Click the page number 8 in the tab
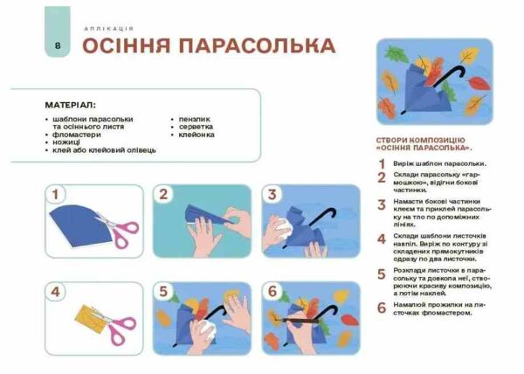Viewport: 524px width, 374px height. pos(57,45)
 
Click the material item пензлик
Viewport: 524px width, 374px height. pos(194,119)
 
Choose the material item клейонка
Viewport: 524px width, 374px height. pos(196,135)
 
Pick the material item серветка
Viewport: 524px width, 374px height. pos(196,127)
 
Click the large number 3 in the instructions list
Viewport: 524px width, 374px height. pos(382,205)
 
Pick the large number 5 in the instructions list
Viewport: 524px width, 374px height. pos(382,274)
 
